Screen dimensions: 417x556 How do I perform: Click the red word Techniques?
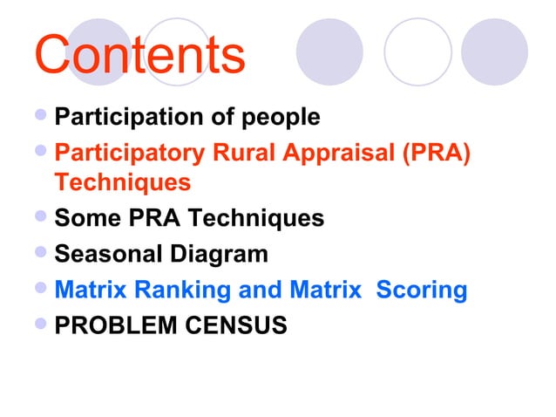122,183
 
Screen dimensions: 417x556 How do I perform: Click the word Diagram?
215,254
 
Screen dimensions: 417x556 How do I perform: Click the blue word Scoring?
422,289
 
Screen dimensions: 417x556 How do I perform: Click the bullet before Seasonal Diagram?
44,253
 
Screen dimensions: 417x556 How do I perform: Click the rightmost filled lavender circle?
493,52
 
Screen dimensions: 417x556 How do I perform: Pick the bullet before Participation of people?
44,115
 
